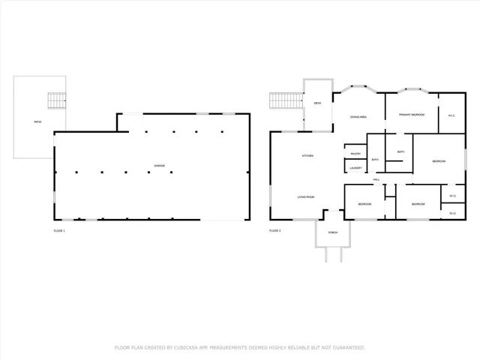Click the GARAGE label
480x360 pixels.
click(x=159, y=166)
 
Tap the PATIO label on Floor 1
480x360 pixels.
click(x=37, y=121)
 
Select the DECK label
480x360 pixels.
click(x=318, y=103)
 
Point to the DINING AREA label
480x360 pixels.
click(x=358, y=117)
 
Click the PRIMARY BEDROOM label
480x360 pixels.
click(x=412, y=115)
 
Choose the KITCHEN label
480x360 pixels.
click(x=307, y=156)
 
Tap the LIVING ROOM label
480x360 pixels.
click(x=305, y=196)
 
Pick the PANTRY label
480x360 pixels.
click(x=355, y=154)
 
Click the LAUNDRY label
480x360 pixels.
click(x=355, y=168)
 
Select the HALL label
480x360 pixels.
click(x=376, y=180)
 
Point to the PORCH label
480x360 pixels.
click(x=332, y=232)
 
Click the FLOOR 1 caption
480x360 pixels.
click(x=58, y=231)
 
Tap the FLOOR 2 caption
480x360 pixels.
click(x=274, y=231)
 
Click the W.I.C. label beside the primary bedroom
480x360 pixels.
click(x=451, y=115)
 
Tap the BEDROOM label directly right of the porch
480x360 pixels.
click(x=364, y=204)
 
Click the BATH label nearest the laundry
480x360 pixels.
click(x=375, y=160)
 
